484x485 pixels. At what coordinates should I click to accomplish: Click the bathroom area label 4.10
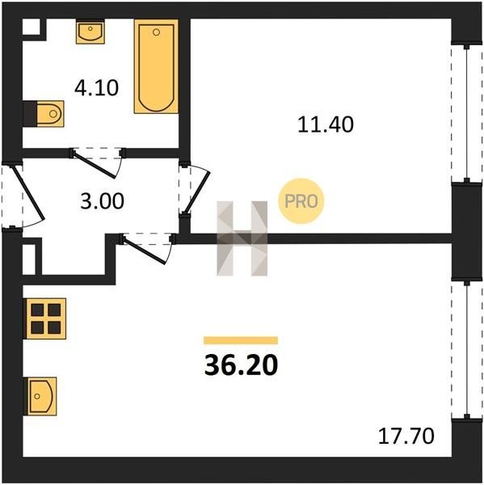click(96, 88)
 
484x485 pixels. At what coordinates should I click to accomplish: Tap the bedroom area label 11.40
click(326, 124)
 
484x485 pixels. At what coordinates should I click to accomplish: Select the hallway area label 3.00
click(102, 200)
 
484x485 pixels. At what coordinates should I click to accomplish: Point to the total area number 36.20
click(242, 365)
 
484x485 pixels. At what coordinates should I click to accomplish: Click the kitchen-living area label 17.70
click(406, 436)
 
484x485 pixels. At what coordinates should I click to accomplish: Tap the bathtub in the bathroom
click(156, 66)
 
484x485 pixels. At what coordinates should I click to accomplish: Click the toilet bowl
click(49, 114)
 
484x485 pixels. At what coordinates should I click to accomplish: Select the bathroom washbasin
click(90, 32)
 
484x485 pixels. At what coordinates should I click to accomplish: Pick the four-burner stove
click(45, 318)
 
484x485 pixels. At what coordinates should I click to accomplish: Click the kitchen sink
click(40, 396)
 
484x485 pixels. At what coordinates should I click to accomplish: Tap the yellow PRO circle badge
click(301, 201)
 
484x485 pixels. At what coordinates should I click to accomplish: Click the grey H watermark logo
click(242, 238)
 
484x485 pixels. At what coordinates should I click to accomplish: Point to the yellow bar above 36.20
click(241, 340)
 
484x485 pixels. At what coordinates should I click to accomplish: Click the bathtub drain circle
click(156, 32)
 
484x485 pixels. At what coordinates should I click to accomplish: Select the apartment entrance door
click(27, 193)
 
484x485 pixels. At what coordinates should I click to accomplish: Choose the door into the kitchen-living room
click(145, 250)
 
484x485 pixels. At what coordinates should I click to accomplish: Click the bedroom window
click(467, 113)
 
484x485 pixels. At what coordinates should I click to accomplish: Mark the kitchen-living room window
click(467, 349)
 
